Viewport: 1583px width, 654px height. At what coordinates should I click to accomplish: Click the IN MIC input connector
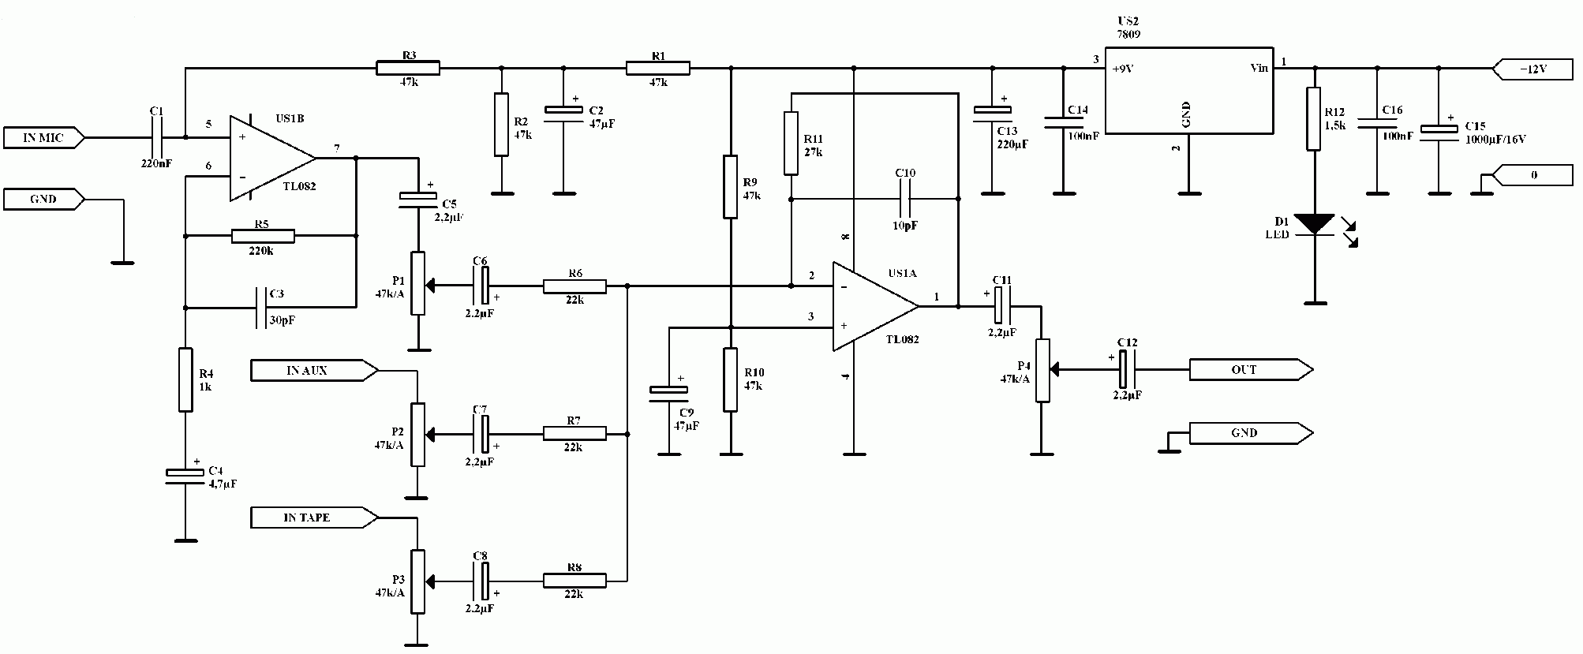click(x=44, y=138)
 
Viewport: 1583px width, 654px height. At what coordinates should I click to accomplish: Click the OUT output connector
click(x=1251, y=369)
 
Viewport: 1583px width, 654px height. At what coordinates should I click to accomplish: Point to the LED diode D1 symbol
click(x=1315, y=224)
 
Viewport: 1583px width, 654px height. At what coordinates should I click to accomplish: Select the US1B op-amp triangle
click(x=273, y=159)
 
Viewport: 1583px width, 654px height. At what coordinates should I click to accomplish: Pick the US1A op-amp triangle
click(x=876, y=305)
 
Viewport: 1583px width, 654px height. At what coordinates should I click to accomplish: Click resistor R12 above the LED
click(x=1314, y=118)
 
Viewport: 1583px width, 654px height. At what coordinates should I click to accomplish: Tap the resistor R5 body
click(x=263, y=235)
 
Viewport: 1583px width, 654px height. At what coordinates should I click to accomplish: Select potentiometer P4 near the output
click(x=1042, y=370)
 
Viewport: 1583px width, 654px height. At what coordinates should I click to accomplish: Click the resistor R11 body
click(x=791, y=143)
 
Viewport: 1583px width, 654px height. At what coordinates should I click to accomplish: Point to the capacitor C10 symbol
click(x=905, y=199)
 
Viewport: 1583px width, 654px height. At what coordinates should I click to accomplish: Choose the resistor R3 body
click(x=407, y=68)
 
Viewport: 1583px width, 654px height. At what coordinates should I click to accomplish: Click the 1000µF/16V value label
click(x=1495, y=139)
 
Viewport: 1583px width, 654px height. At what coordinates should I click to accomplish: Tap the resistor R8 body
click(x=574, y=581)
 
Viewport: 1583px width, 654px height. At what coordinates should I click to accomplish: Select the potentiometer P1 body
click(x=417, y=284)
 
